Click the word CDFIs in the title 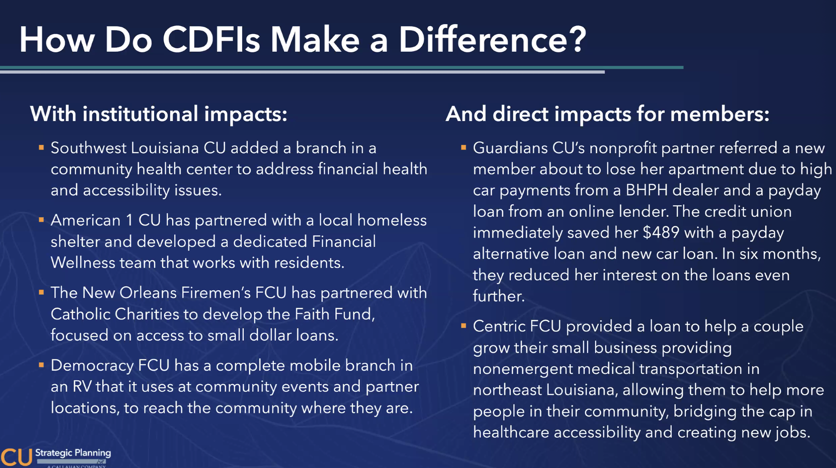tap(211, 40)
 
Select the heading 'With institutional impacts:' tap(159, 114)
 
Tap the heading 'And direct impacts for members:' tap(607, 114)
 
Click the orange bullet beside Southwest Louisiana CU tap(41, 148)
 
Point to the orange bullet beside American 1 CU tap(41, 220)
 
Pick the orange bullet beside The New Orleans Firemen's tap(41, 292)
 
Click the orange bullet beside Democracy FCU tap(41, 365)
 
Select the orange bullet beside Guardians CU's tap(463, 148)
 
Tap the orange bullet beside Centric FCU tap(463, 326)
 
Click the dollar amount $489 tap(661, 232)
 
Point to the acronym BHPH tap(647, 190)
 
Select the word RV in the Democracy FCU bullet tap(82, 386)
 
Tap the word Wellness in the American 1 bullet tap(83, 263)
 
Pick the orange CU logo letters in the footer tap(16, 457)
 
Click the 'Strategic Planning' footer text tap(73, 453)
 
